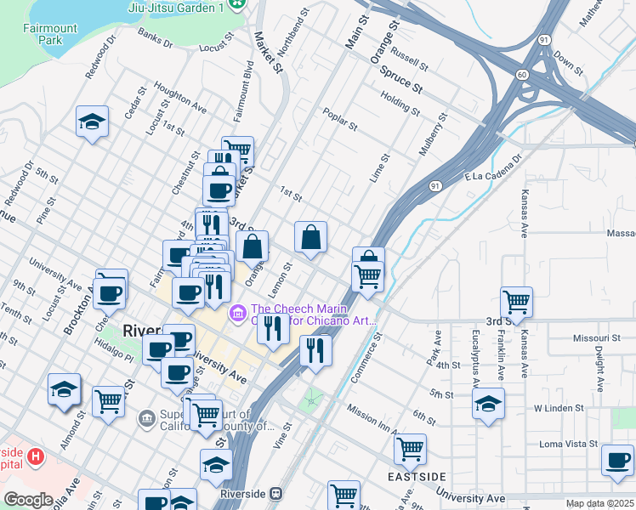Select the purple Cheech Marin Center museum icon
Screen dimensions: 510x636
coord(237,314)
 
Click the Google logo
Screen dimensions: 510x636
coord(28,500)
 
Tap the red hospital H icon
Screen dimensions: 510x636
coord(35,457)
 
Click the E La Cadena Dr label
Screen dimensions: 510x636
coord(492,169)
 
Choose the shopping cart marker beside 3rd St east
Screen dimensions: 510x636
coord(516,301)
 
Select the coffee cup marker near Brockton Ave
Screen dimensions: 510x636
coord(111,293)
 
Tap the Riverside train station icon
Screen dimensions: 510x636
coord(275,493)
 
